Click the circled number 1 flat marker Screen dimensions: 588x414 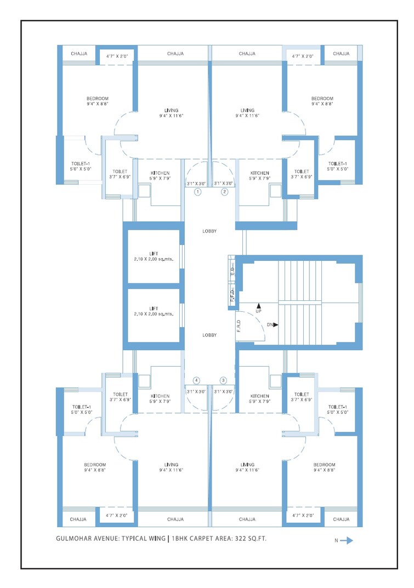coord(198,192)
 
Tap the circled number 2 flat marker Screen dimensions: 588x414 coord(224,192)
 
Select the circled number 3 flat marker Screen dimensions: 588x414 coord(223,380)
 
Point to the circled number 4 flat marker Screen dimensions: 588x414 coord(196,380)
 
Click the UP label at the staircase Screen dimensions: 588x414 coord(259,312)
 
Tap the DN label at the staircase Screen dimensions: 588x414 coord(269,324)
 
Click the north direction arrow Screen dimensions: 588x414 coord(347,540)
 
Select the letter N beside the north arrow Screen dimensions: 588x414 coord(336,541)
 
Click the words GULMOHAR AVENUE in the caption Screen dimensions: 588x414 coord(88,539)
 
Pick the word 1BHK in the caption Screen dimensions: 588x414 coord(180,539)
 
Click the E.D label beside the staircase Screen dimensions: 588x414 coord(232,270)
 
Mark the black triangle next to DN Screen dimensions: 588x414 coord(276,324)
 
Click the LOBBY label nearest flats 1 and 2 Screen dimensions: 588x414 coord(209,231)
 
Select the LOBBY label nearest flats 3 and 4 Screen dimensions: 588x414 coord(209,335)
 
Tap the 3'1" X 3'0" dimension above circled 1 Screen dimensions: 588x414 coord(196,184)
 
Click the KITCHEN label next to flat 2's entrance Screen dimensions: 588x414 coord(259,173)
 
